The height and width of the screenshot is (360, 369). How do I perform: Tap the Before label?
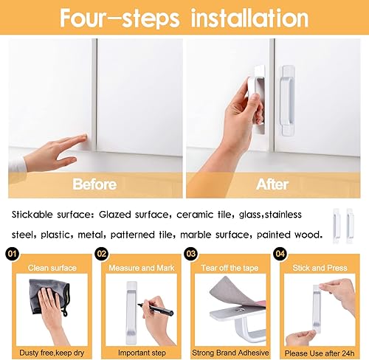point(94,182)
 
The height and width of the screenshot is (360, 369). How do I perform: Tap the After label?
point(273,182)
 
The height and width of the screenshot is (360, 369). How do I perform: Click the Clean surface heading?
point(52,268)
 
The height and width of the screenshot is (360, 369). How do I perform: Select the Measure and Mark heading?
point(142,268)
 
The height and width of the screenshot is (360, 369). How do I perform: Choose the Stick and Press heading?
point(319,268)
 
